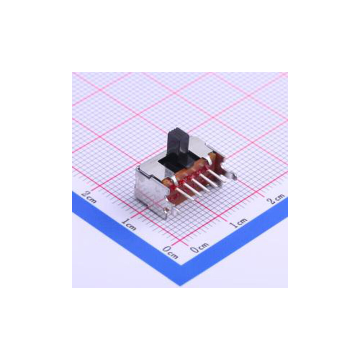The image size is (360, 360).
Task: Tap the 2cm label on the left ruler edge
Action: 89,197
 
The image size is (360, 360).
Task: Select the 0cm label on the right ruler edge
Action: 199,248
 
